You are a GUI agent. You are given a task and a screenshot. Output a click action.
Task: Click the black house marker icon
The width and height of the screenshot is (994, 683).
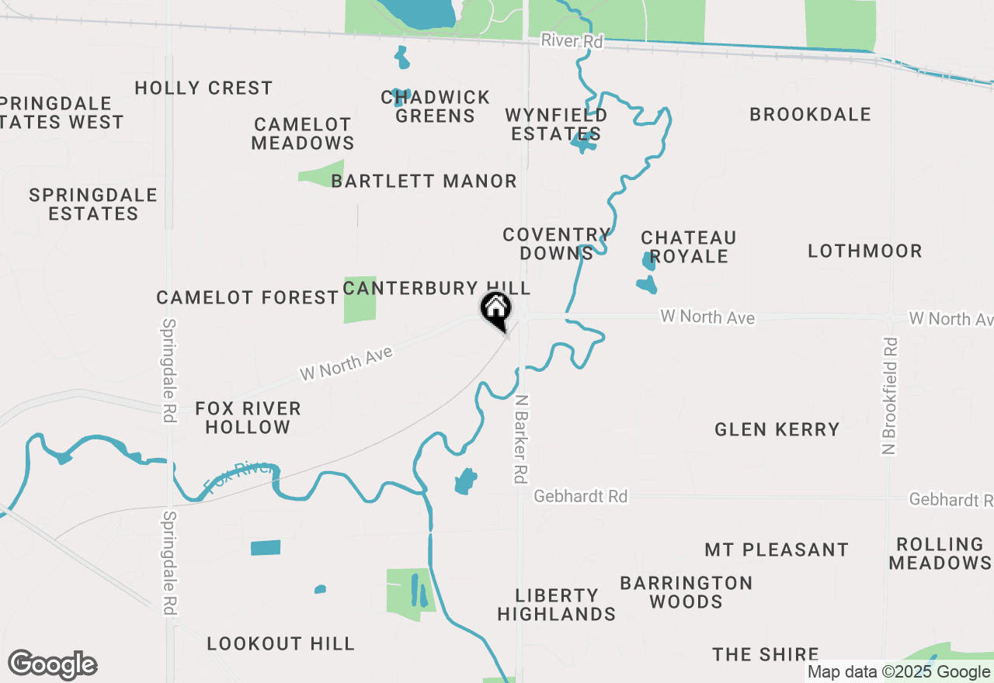click(495, 310)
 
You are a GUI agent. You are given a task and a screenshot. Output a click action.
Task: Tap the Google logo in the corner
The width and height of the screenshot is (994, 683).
click(53, 664)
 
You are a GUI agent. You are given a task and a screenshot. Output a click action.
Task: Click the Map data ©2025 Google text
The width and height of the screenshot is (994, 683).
click(899, 672)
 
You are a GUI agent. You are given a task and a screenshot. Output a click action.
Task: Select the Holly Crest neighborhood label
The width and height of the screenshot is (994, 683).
click(203, 88)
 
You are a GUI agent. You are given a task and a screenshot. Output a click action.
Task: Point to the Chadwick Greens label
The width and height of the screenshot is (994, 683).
click(436, 107)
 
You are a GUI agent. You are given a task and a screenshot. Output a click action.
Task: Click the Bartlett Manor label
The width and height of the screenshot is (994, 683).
click(424, 182)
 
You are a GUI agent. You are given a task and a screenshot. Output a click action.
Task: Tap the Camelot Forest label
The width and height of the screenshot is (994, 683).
click(248, 298)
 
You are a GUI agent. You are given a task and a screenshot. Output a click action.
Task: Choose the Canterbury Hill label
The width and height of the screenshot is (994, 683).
click(436, 289)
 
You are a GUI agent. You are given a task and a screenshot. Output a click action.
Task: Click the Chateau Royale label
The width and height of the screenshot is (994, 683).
click(689, 247)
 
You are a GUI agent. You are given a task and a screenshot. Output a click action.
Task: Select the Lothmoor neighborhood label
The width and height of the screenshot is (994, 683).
click(865, 251)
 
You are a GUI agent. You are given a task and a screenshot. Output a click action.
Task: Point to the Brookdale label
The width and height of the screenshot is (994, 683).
click(810, 115)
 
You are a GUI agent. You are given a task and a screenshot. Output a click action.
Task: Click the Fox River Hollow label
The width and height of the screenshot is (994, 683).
click(248, 418)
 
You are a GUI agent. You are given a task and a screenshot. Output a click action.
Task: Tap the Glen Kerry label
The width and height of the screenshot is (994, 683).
click(777, 430)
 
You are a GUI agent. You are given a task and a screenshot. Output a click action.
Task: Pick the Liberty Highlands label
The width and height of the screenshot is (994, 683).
click(557, 605)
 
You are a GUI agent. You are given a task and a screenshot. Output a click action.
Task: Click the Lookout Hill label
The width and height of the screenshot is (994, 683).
click(280, 643)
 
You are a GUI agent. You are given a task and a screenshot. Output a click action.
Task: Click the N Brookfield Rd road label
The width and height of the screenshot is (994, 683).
click(891, 395)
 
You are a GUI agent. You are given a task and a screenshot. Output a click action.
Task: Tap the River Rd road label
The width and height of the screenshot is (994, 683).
click(572, 42)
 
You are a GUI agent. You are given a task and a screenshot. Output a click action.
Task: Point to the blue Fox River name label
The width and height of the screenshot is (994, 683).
click(239, 477)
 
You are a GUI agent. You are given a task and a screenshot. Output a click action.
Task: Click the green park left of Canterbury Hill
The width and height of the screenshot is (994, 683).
click(360, 300)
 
